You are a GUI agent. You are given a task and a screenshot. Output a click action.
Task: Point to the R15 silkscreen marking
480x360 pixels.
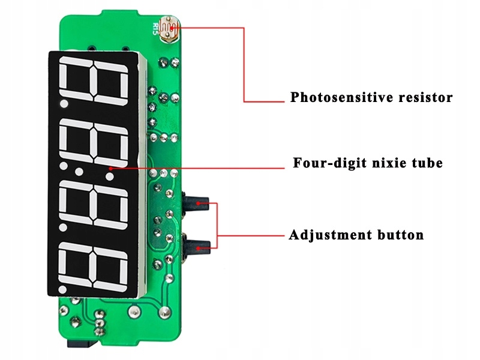(x=157, y=29)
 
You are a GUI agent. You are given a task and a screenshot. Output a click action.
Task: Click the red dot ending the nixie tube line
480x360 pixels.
(x=110, y=169)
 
